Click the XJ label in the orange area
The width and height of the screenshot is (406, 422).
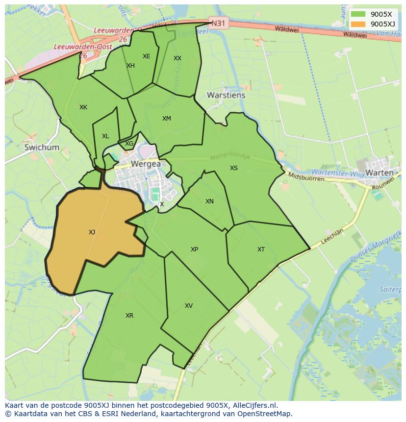click(x=92, y=232)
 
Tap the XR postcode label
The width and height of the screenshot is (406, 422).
click(x=129, y=316)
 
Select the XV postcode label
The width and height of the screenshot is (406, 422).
click(x=189, y=306)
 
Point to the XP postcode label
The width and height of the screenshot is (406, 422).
click(x=195, y=249)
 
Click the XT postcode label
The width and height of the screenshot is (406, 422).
click(x=261, y=249)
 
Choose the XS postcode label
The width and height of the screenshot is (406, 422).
click(x=234, y=168)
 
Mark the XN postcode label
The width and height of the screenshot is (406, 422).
click(x=209, y=201)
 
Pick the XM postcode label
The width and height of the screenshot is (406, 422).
click(x=167, y=119)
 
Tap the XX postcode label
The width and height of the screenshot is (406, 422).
click(x=178, y=58)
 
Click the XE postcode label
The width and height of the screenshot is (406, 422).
click(x=146, y=56)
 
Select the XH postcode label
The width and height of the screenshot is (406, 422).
click(x=130, y=66)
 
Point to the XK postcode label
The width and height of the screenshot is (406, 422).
click(x=83, y=107)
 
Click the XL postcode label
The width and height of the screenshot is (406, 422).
click(x=105, y=136)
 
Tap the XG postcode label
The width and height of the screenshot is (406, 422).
click(x=129, y=144)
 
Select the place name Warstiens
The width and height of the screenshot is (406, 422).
click(x=226, y=95)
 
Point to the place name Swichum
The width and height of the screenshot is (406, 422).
click(x=42, y=147)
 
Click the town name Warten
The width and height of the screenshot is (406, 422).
click(x=380, y=173)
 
